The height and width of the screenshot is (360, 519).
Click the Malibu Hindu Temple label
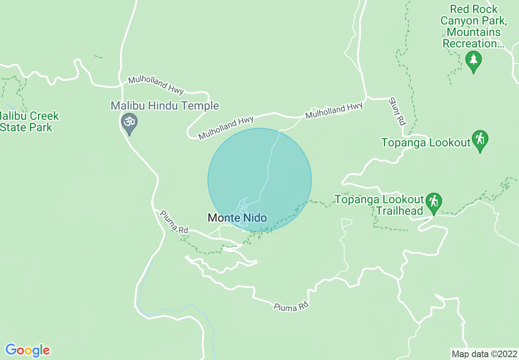[x=165, y=106]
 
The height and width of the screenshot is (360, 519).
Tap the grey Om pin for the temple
[x=129, y=123]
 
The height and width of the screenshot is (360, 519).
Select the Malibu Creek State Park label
[x=29, y=122]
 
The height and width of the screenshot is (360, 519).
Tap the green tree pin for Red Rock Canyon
[x=474, y=61]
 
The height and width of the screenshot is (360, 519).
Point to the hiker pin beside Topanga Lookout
[x=480, y=139]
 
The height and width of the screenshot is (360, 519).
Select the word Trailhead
[x=399, y=211]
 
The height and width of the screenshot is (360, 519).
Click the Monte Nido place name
[x=237, y=218]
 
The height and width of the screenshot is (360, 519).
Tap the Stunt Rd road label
[x=397, y=111]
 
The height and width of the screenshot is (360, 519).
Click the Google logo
[x=27, y=350]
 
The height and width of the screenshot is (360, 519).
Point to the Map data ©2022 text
[x=484, y=353]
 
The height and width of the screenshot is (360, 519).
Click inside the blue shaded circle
[x=259, y=172]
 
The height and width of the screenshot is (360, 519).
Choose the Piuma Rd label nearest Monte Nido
[x=174, y=222]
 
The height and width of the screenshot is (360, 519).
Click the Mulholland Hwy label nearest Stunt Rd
[x=334, y=110]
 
